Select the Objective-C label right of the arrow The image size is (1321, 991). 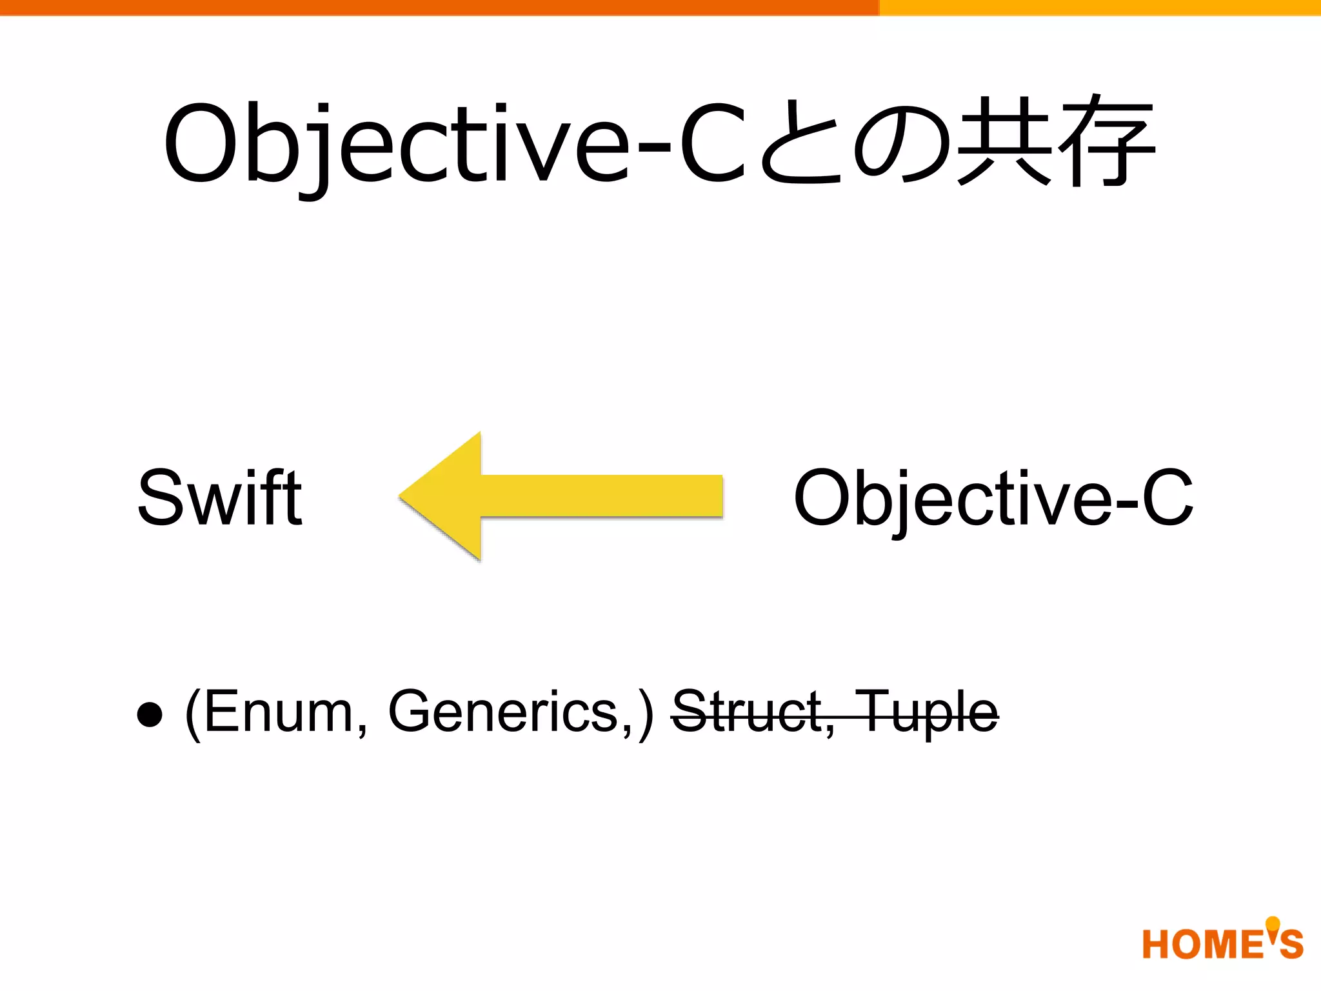pos(993,498)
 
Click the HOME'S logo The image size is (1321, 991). pos(1222,943)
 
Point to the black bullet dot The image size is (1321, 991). pos(150,714)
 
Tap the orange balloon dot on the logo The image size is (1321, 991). pos(1273,925)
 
